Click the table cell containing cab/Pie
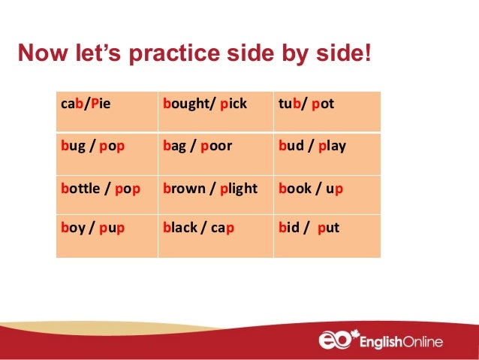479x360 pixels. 107,112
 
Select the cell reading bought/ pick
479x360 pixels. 215,112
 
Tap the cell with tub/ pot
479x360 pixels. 327,112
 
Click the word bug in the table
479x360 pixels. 73,146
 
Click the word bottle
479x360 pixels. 80,188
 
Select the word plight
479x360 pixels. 239,188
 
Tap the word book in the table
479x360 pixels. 294,188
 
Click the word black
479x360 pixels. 179,226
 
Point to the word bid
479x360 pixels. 289,226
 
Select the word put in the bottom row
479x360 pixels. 329,226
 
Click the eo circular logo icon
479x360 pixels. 336,341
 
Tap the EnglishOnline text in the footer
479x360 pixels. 402,342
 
